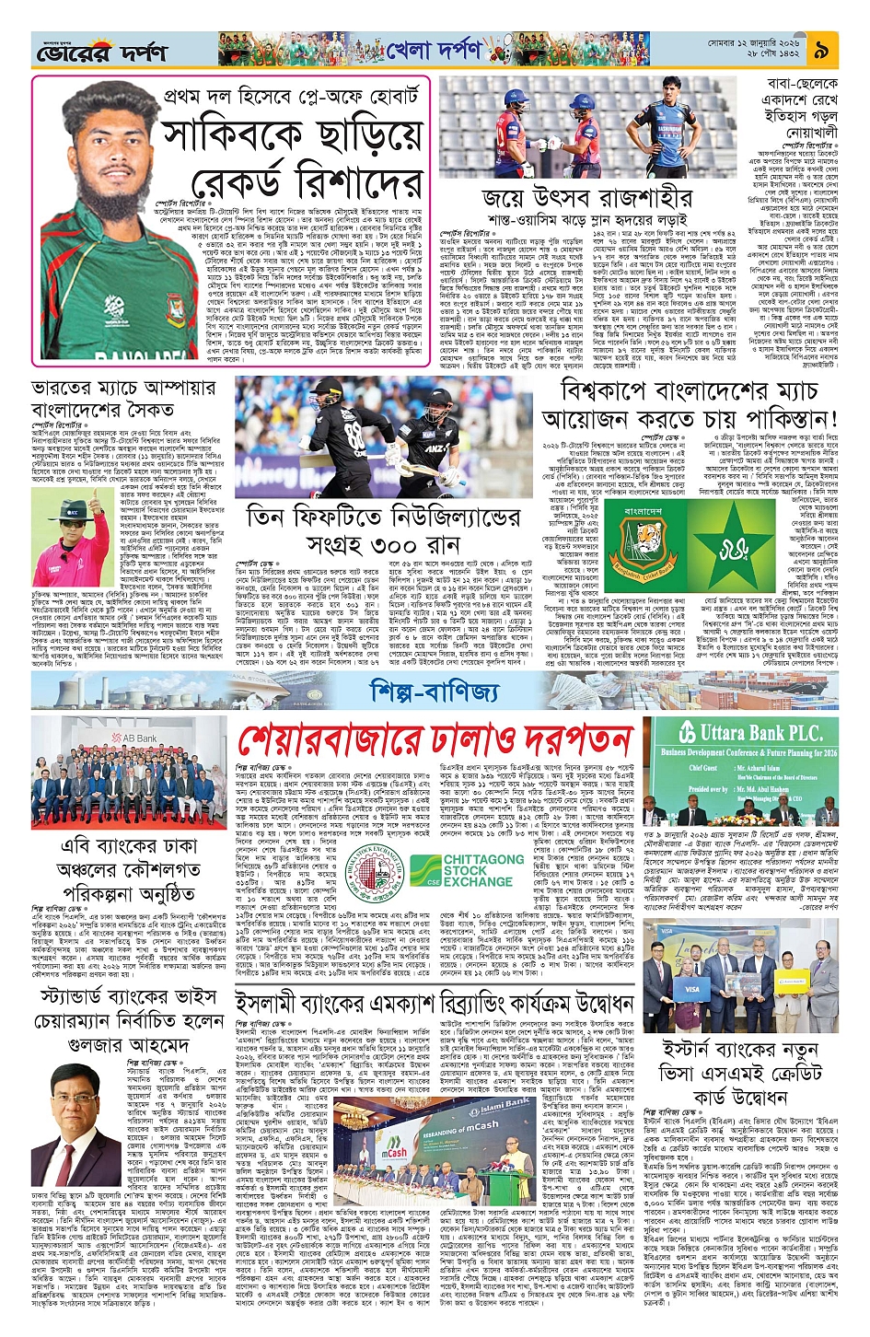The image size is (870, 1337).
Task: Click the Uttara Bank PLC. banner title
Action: click(759, 733)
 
